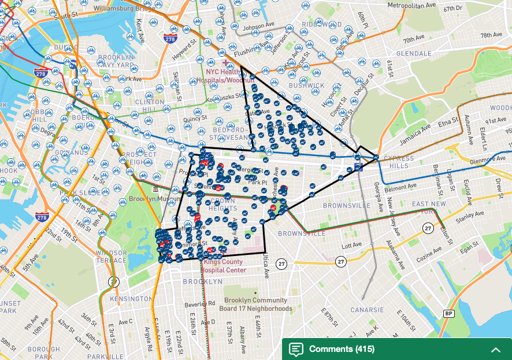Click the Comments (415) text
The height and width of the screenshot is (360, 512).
click(x=342, y=349)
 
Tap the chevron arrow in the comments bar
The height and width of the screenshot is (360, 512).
click(x=495, y=350)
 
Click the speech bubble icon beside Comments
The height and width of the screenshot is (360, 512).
click(x=296, y=349)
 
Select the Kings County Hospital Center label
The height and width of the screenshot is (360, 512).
click(x=225, y=266)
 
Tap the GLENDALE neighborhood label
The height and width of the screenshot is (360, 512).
click(x=413, y=53)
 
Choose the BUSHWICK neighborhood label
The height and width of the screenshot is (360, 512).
click(x=307, y=86)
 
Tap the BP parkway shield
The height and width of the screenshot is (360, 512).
click(x=448, y=313)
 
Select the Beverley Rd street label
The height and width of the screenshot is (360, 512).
click(x=200, y=303)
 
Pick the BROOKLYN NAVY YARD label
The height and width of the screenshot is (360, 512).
click(x=116, y=62)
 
